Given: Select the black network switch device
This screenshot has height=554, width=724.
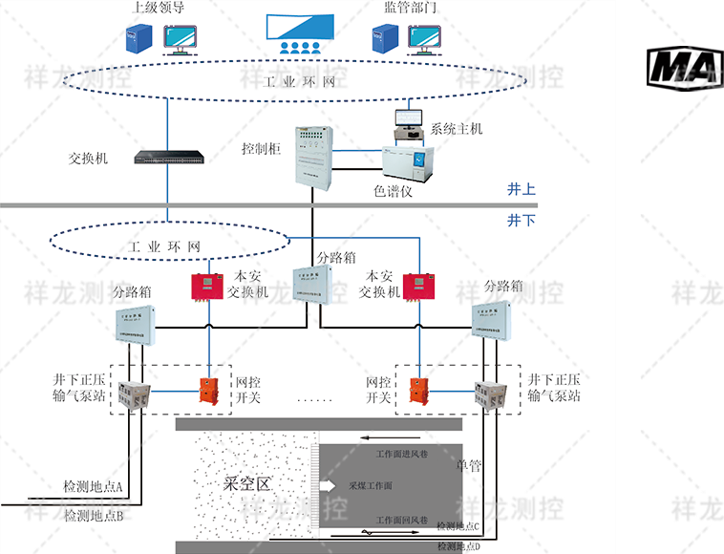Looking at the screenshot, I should (168, 157).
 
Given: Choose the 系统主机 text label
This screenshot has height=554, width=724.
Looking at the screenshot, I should (457, 128).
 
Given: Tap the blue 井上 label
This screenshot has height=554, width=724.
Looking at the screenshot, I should (521, 190).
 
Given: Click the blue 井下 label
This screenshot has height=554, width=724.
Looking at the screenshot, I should (521, 220).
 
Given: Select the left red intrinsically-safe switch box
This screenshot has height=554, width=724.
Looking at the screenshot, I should (204, 286).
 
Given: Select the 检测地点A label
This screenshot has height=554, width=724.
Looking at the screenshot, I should (94, 486).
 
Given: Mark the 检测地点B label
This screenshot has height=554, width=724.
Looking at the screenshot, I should (94, 516).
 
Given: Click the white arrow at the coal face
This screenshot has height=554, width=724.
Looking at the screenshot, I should (327, 486).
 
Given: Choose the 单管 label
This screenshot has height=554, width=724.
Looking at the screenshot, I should (469, 466).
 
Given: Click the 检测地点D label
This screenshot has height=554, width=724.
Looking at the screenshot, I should (459, 545).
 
